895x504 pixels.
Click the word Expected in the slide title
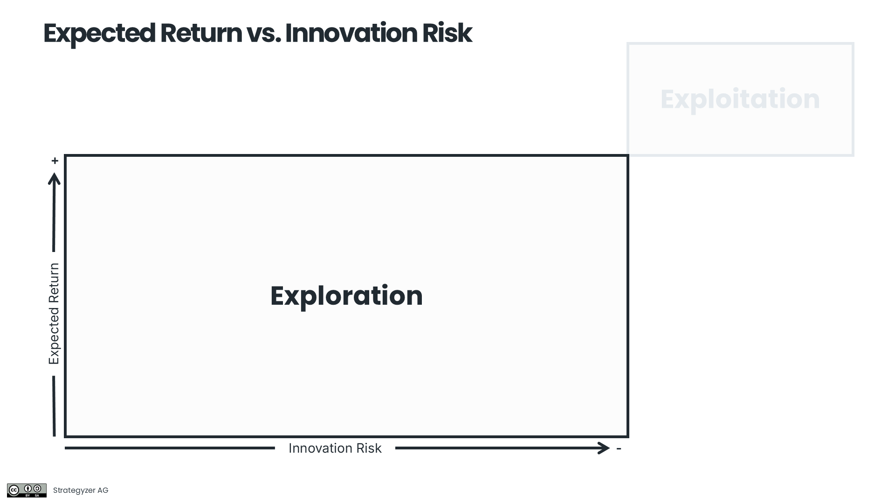(99, 34)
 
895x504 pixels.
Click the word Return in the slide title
(201, 34)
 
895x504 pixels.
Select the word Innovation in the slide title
(351, 34)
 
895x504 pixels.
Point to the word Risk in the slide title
(447, 34)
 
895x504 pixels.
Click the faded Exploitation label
(740, 99)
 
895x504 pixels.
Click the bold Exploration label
(346, 296)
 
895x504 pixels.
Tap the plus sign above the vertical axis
(55, 161)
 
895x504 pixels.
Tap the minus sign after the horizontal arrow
(619, 448)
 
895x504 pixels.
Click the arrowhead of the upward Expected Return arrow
(55, 179)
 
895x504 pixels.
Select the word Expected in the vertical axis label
(54, 336)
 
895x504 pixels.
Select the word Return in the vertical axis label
(54, 282)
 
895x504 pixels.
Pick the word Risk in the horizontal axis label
(369, 448)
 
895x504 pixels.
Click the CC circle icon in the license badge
(14, 490)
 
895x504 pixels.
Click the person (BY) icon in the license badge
(28, 489)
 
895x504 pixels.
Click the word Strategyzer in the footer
(74, 490)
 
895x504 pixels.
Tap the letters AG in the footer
(103, 490)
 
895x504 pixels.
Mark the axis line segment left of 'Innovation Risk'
(170, 448)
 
